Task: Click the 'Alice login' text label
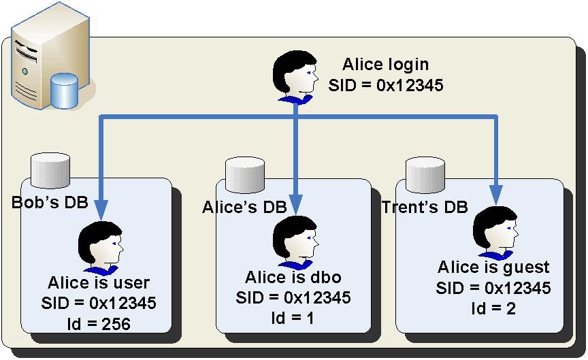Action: point(385,65)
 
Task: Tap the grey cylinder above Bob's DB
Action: point(52,170)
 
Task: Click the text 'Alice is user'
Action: point(99,282)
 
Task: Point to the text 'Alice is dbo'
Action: point(293,278)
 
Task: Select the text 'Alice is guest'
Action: point(493,267)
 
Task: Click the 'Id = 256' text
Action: point(99,324)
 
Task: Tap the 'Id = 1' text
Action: point(293,318)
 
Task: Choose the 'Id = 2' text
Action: point(493,308)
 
